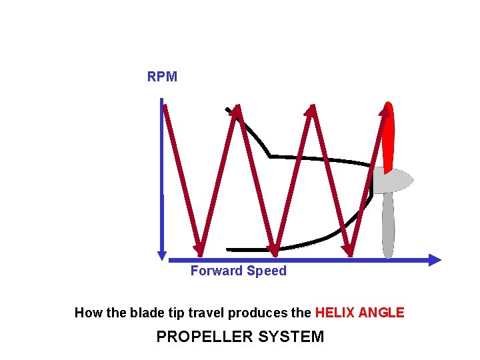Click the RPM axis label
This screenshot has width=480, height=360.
(x=162, y=77)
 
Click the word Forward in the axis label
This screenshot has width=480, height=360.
(x=217, y=271)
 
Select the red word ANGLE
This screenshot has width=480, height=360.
(x=382, y=313)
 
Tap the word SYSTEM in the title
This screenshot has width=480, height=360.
(x=292, y=337)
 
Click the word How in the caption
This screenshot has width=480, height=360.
(x=87, y=313)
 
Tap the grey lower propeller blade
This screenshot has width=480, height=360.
(x=387, y=223)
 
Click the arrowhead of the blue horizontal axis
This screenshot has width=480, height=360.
(x=435, y=260)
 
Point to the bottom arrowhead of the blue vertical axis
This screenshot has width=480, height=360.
(x=161, y=254)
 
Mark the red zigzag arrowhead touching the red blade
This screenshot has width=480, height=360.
(x=385, y=111)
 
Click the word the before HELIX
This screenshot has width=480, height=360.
(x=302, y=313)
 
